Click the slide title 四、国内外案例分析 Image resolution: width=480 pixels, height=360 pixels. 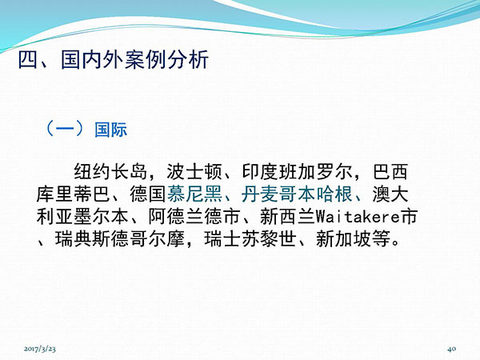tap(114, 59)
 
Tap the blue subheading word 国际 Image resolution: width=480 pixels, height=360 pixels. tap(111, 130)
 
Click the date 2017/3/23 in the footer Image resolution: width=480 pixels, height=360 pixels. tap(40, 349)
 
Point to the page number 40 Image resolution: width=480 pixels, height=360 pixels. tap(451, 349)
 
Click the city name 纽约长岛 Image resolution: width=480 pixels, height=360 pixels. tap(110, 171)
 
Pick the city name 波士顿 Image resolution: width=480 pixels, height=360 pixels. tap(194, 171)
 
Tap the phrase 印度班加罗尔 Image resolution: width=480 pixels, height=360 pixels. tap(298, 171)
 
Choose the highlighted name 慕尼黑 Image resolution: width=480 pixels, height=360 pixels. tap(194, 194)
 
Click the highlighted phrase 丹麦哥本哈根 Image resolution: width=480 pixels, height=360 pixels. tap(297, 194)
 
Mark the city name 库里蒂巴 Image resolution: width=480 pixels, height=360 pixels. tap(73, 194)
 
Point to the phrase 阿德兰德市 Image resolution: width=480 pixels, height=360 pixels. tap(194, 217)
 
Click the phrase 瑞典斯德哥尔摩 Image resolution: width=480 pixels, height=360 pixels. tap(120, 239)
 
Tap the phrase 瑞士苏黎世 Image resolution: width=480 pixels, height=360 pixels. tap(250, 239)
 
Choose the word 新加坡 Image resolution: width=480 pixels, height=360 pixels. tap(343, 239)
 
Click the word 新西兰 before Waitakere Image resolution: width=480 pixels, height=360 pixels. tap(288, 217)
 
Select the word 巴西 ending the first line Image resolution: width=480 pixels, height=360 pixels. tap(390, 171)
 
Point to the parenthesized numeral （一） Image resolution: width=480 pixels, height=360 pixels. tap(65, 129)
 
